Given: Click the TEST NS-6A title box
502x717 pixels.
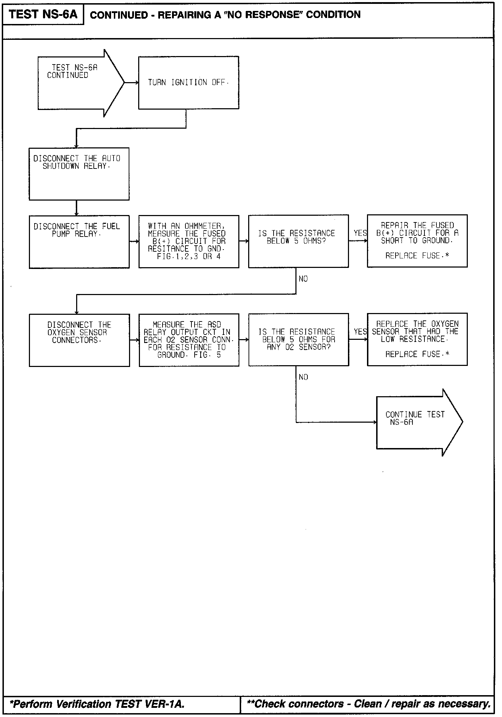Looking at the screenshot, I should [43, 14].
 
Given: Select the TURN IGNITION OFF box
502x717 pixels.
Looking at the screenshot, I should [189, 82].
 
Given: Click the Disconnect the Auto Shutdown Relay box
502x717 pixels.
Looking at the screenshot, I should [79, 174].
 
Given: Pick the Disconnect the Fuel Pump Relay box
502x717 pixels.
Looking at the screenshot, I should [79, 242].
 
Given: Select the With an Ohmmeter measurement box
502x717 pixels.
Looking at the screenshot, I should [189, 242].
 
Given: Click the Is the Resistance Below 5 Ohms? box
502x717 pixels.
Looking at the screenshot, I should [298, 241].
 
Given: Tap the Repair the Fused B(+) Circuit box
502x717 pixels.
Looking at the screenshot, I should [417, 241].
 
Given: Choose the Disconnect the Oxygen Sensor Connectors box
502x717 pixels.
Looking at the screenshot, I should [79, 340].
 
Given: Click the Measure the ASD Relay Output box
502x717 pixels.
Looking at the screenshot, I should [189, 340].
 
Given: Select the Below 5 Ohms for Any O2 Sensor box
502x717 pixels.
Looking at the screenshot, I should [299, 339].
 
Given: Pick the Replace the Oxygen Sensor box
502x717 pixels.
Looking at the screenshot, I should [417, 339].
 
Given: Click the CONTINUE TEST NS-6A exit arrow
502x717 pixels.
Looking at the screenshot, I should [416, 422].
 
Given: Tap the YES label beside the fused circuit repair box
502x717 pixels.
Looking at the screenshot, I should [360, 233].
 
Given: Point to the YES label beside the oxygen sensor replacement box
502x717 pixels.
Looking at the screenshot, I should [360, 332].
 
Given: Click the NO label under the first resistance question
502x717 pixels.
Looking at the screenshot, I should [303, 279].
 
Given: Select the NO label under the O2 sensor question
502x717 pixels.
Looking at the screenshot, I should [303, 378].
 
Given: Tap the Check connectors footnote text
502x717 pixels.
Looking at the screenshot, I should [368, 704].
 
